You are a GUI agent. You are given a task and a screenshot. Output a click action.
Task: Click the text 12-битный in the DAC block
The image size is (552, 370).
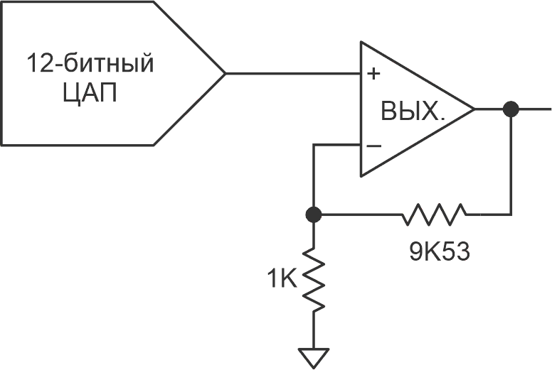[x=90, y=63]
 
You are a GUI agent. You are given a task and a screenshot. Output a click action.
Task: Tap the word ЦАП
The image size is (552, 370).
[x=90, y=93]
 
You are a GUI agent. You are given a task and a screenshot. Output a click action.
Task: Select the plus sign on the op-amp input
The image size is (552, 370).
[x=373, y=74]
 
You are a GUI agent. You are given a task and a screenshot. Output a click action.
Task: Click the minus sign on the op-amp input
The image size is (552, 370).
[x=373, y=145]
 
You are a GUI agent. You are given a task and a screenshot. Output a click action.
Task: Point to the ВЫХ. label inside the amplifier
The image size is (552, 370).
[x=413, y=111]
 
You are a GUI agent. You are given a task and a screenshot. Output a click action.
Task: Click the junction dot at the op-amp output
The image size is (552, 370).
[x=511, y=109]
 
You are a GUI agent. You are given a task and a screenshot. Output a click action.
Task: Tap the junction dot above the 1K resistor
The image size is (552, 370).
[x=313, y=214]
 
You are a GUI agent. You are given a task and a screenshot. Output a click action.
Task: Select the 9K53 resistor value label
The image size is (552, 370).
[x=440, y=251]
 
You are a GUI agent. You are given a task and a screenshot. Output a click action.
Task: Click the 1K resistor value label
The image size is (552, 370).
[x=282, y=278]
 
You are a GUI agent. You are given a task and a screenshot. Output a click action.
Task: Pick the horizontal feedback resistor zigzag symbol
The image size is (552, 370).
[x=435, y=214]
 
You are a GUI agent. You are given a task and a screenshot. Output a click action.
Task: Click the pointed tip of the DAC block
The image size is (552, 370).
[x=225, y=73]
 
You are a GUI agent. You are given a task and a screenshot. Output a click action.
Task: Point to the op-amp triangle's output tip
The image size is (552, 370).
[x=474, y=109]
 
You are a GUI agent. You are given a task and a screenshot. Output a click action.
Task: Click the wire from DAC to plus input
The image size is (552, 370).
[x=293, y=73]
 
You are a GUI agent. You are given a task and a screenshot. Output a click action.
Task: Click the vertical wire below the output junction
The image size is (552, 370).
[x=511, y=166]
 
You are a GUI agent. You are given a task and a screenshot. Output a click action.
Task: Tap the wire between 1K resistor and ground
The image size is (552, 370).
[x=313, y=330]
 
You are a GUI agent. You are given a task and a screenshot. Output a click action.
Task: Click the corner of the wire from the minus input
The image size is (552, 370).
[x=313, y=145]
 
